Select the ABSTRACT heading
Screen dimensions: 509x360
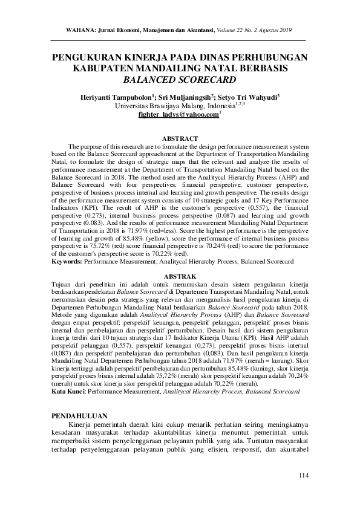[180, 138]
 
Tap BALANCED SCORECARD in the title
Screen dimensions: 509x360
[180, 79]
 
